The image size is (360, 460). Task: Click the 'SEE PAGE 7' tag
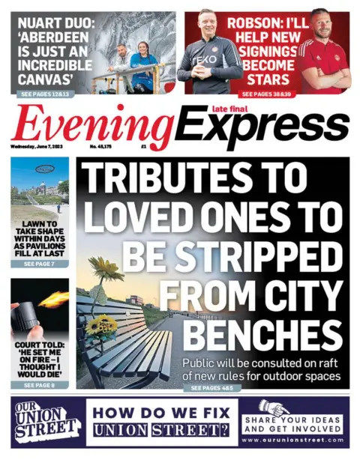39,264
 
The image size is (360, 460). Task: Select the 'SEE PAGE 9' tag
39,385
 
